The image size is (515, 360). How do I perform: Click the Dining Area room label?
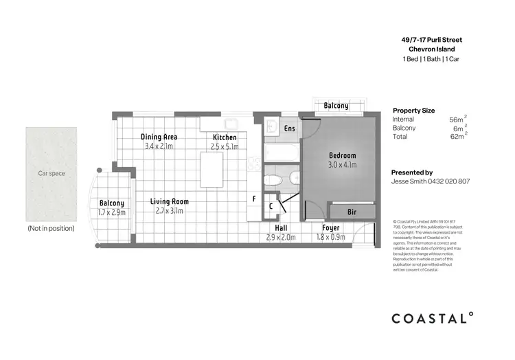tap(159, 136)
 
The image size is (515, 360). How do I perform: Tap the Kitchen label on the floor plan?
tap(225, 137)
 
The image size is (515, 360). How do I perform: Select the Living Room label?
tap(170, 201)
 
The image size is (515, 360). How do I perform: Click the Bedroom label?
tap(342, 156)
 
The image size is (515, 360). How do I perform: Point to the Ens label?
tap(290, 128)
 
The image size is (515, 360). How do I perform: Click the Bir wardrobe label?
tap(352, 212)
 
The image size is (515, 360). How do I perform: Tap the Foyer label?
tap(331, 227)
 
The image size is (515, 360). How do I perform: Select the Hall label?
tap(280, 227)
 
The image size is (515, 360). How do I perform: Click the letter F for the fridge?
tap(254, 199)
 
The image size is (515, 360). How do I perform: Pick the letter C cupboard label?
tap(272, 205)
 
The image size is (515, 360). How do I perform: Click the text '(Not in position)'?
tap(51, 227)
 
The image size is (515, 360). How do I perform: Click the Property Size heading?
tap(413, 110)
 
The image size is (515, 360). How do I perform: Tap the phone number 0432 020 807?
tap(450, 182)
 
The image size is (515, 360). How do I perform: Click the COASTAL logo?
tap(432, 318)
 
